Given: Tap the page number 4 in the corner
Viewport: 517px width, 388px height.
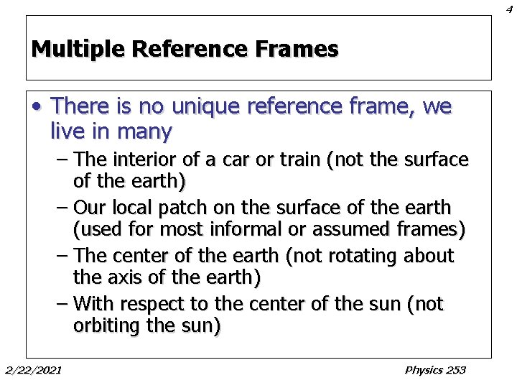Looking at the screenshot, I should [x=508, y=8].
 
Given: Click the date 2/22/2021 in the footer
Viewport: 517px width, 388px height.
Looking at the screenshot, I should [x=33, y=370].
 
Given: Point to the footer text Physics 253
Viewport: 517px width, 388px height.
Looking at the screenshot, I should [x=435, y=370].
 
